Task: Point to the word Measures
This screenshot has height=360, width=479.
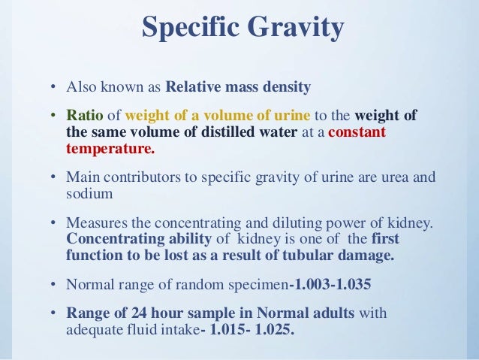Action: click(x=94, y=223)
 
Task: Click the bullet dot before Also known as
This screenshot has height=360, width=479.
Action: click(x=53, y=88)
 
